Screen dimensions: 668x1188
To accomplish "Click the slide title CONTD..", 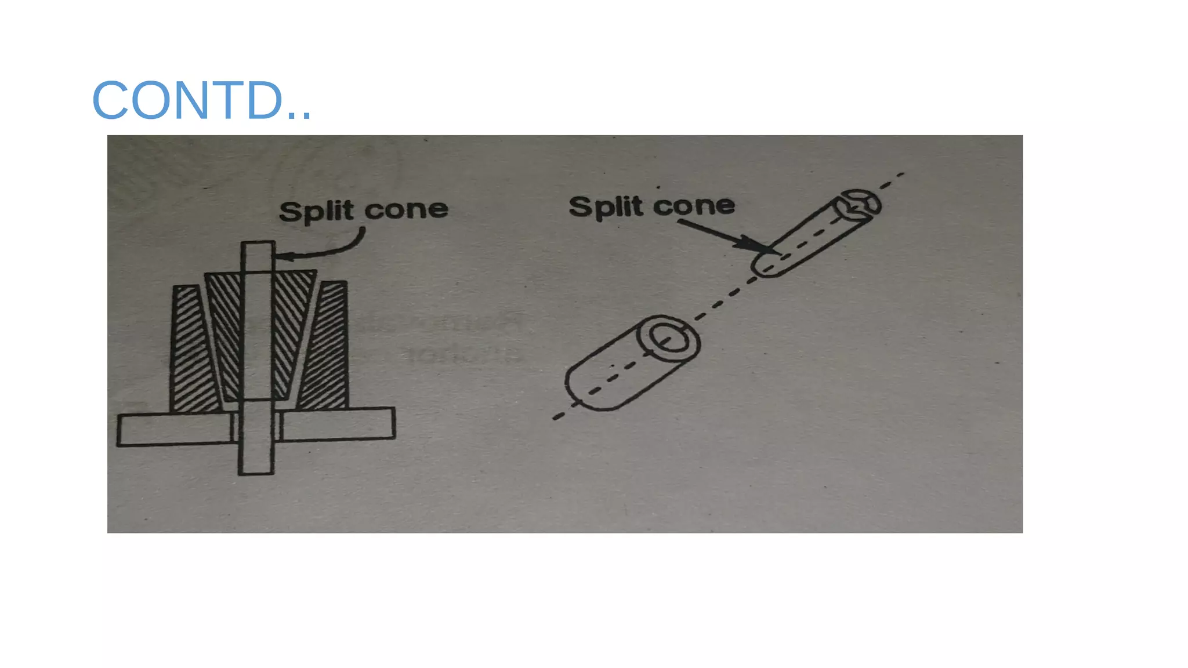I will (201, 100).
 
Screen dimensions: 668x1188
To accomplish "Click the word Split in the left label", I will (316, 211).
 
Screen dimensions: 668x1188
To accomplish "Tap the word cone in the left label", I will (406, 210).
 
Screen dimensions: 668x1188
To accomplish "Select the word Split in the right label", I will (606, 207).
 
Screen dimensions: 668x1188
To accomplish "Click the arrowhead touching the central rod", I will (282, 256).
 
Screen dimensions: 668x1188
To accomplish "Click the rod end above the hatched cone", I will (257, 255).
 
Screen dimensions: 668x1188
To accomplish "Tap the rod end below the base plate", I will (256, 458).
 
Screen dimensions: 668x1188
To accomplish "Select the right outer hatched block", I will (328, 348).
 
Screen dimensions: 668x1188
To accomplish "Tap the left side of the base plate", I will (174, 429).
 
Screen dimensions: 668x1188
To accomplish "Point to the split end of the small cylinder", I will (859, 205).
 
